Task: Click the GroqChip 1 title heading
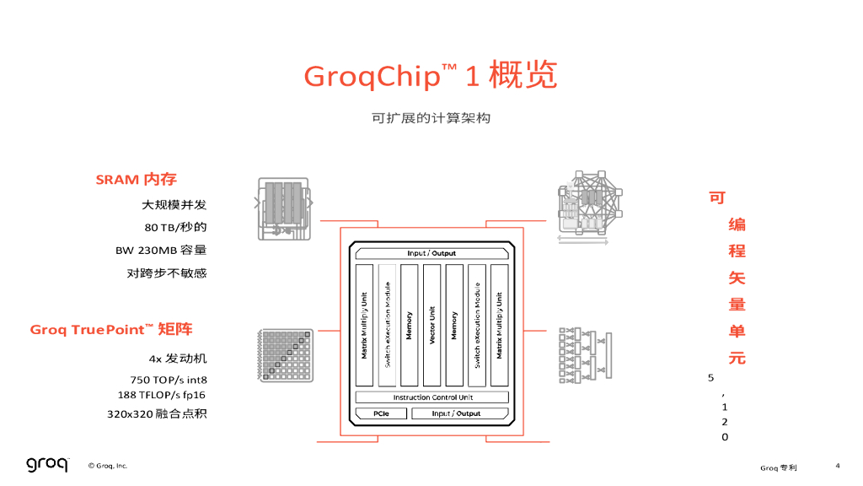(430, 77)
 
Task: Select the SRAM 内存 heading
(136, 180)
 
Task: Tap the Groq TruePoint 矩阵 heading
(111, 329)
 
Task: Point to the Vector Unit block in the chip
(431, 325)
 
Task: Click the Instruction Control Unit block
(432, 397)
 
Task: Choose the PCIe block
(381, 413)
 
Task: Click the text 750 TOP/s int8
(168, 380)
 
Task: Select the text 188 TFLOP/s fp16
(162, 395)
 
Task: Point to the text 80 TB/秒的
(175, 227)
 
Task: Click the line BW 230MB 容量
(161, 250)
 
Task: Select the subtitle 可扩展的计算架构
(431, 118)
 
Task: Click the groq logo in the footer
(46, 464)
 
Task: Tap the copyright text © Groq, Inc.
(108, 466)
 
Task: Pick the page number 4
(838, 465)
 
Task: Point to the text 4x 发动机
(178, 358)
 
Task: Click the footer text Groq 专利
(778, 467)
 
